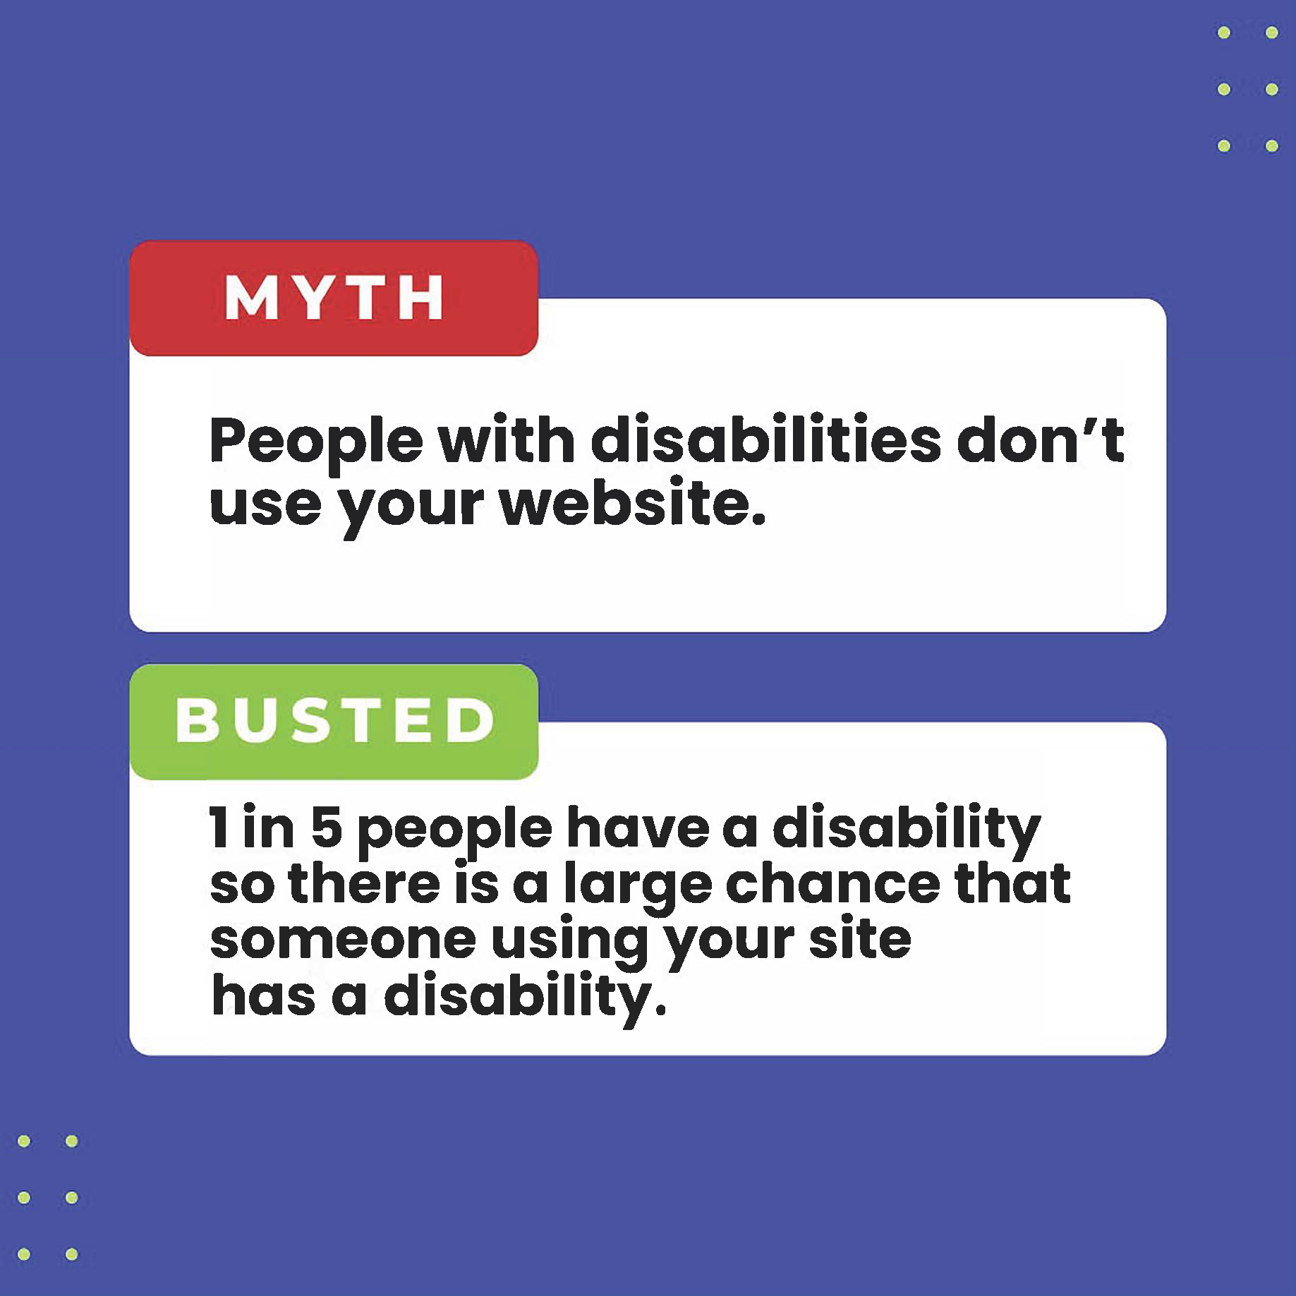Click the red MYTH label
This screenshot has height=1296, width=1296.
[334, 298]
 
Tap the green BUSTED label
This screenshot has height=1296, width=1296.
[334, 721]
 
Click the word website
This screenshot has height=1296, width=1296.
[632, 503]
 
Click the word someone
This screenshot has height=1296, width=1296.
[343, 940]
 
